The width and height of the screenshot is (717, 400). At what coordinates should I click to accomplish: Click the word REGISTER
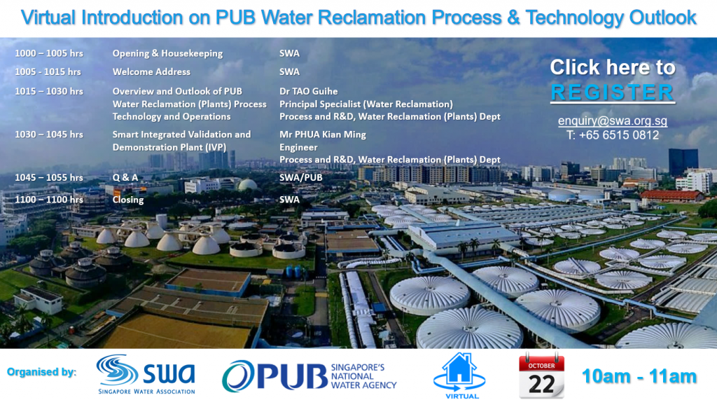tap(612, 92)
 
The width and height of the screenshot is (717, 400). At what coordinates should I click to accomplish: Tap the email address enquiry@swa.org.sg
tap(612, 120)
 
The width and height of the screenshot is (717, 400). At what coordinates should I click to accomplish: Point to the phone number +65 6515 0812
tap(619, 135)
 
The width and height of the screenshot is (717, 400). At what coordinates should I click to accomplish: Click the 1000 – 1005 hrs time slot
tap(49, 53)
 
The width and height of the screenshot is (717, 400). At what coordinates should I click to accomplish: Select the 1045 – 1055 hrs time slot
tap(49, 177)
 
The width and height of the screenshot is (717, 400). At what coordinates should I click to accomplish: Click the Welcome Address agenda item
tap(151, 72)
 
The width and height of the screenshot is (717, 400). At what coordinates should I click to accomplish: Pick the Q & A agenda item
tap(125, 177)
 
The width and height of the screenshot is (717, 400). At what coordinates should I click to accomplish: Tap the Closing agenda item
tap(128, 200)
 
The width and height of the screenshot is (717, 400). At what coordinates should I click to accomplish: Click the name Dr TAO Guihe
tap(309, 91)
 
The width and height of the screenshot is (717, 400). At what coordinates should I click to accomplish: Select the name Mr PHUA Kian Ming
tap(323, 135)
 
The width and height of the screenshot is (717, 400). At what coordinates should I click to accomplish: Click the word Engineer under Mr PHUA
tap(298, 147)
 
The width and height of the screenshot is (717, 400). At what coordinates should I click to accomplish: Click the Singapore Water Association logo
tap(146, 374)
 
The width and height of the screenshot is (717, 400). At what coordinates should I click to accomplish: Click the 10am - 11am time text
tap(639, 376)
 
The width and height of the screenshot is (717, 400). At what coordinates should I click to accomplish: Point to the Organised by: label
tap(41, 372)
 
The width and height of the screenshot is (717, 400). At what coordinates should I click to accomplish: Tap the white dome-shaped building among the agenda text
tap(247, 184)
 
